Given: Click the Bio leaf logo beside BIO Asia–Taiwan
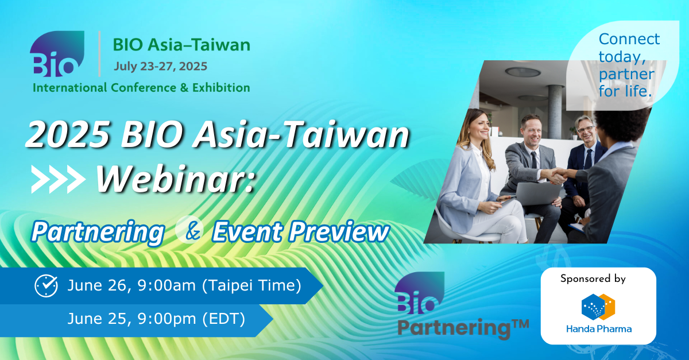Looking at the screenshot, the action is click(57, 54).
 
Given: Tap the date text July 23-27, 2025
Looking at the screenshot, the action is click(161, 67).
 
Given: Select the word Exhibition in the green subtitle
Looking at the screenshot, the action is click(221, 88).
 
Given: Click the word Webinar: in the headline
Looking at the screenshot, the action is click(175, 179).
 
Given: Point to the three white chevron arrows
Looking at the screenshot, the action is click(58, 179).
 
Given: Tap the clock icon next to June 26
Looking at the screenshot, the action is click(46, 286).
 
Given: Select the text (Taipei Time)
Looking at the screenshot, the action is click(251, 285).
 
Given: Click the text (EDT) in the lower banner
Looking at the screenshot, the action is click(223, 319).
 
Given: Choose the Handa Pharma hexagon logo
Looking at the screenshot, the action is click(598, 307).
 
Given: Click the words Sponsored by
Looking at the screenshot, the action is click(593, 279).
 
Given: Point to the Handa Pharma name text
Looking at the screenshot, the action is click(599, 329).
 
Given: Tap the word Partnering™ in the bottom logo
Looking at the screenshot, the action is click(463, 328).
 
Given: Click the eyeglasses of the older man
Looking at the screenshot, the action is click(586, 129).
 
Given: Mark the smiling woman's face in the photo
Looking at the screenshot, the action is click(479, 127).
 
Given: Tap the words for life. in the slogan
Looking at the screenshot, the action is click(625, 91).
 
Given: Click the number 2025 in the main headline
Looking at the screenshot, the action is click(68, 134).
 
